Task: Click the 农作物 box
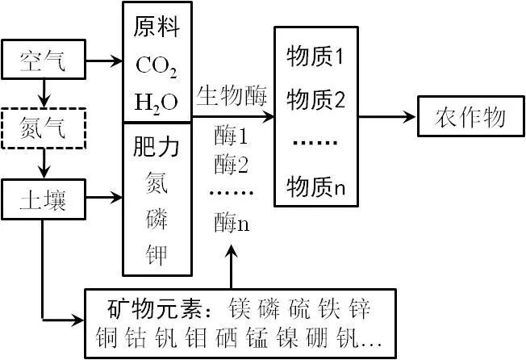pyautogui.click(x=471, y=118)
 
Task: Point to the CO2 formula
pyautogui.click(x=157, y=65)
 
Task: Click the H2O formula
pyautogui.click(x=156, y=102)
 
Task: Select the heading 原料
pyautogui.click(x=157, y=29)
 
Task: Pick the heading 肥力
pyautogui.click(x=157, y=149)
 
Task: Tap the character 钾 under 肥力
pyautogui.click(x=157, y=255)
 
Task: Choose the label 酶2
pyautogui.click(x=232, y=165)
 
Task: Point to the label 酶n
pyautogui.click(x=232, y=223)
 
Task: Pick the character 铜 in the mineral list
pyautogui.click(x=106, y=336)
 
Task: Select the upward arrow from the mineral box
pyautogui.click(x=232, y=266)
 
